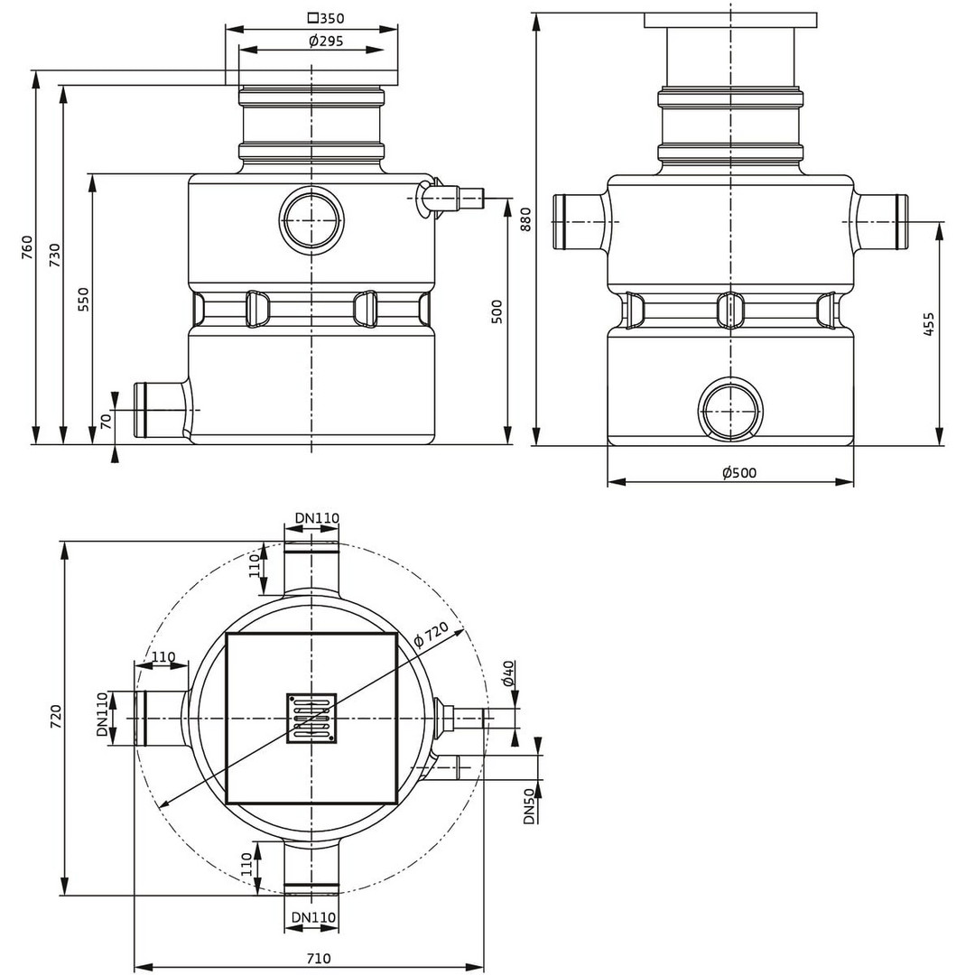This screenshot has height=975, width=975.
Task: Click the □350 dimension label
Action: (326, 18)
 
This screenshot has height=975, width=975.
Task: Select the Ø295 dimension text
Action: (326, 42)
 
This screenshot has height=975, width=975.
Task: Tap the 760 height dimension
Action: (27, 247)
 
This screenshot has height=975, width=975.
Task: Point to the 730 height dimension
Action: (55, 255)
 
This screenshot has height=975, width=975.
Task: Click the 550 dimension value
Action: (83, 299)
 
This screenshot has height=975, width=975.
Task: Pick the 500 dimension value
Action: (497, 311)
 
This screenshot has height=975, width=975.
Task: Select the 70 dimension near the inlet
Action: (107, 421)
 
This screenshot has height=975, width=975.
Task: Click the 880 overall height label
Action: (525, 219)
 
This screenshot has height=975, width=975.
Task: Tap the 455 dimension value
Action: (928, 324)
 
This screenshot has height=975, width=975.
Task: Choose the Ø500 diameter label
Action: (739, 472)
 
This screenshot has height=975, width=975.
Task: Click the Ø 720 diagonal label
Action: (432, 635)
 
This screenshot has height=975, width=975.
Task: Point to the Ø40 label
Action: (508, 673)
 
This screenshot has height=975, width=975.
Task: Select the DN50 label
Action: (529, 806)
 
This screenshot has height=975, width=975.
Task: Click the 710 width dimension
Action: (319, 958)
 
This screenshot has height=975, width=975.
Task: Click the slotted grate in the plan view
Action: (311, 719)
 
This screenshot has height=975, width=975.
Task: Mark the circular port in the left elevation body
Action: (311, 220)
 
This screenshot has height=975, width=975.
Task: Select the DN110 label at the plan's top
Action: (317, 517)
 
